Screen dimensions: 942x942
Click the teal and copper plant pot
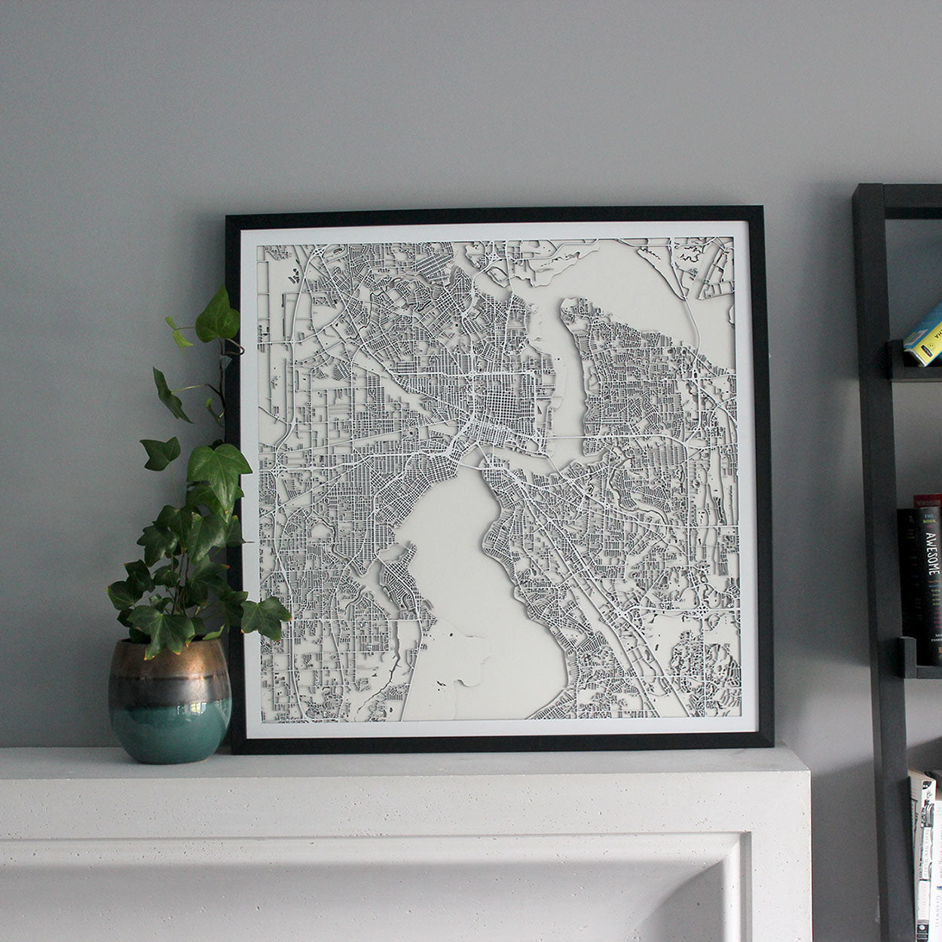[x=170, y=700]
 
